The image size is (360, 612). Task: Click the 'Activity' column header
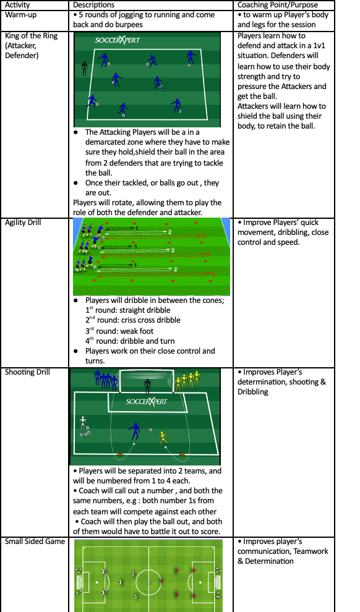click(x=17, y=5)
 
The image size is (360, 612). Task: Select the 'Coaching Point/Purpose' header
click(x=278, y=5)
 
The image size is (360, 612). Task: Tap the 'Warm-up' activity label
click(x=20, y=15)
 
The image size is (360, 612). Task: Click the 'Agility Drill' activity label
click(x=23, y=223)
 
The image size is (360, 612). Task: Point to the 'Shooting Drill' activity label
click(x=27, y=372)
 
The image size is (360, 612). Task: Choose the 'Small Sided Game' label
click(x=35, y=542)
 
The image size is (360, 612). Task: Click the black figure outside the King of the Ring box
click(x=84, y=68)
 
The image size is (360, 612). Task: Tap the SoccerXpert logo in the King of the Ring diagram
click(x=117, y=40)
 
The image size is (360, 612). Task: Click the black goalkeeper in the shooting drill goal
click(x=147, y=386)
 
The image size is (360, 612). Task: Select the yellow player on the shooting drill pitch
click(x=163, y=438)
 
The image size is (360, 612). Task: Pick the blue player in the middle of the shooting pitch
click(x=134, y=431)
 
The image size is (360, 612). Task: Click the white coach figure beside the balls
click(x=83, y=423)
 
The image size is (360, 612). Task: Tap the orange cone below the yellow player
click(x=182, y=454)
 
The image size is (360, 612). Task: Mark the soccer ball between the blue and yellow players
click(x=150, y=430)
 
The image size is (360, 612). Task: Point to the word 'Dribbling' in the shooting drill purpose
click(x=253, y=391)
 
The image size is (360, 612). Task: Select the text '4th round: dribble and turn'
click(x=130, y=341)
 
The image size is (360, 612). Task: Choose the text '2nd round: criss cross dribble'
click(x=133, y=320)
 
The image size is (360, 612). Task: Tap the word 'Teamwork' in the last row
click(x=311, y=551)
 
